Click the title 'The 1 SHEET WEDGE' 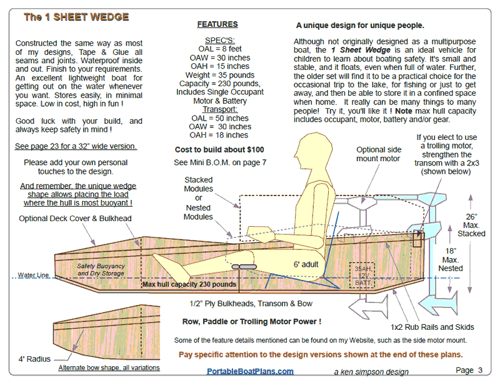click(x=76, y=17)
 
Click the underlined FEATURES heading click(x=217, y=24)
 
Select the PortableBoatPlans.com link click(x=250, y=371)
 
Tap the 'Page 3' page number click(x=469, y=370)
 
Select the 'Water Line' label click(x=33, y=275)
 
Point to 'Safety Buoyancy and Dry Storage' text click(x=101, y=270)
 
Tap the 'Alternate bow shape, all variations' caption click(x=109, y=368)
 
